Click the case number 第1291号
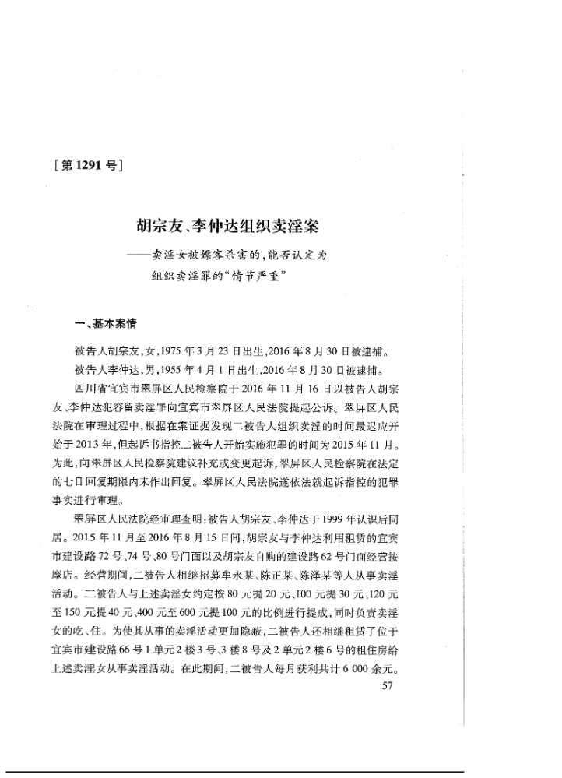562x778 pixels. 88,166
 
